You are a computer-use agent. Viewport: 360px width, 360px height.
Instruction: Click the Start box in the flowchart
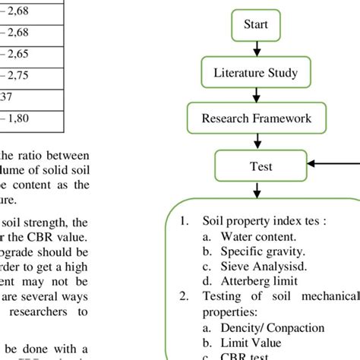(256, 25)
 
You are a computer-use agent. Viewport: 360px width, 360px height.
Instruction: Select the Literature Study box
(255, 74)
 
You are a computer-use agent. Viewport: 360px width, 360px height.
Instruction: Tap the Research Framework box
(256, 118)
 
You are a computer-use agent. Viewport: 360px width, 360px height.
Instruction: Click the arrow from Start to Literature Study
(256, 49)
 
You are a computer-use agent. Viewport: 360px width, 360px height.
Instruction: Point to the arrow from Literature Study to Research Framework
(256, 96)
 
